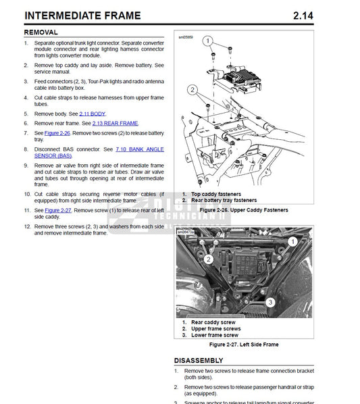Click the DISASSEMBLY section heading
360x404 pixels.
[199, 361]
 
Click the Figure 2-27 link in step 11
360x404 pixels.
[58, 210]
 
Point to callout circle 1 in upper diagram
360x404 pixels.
[209, 41]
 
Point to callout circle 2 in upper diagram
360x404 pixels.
[192, 89]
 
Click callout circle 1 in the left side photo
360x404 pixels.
[292, 241]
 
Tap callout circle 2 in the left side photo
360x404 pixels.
[209, 259]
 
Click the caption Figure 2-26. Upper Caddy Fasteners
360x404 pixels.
[244, 210]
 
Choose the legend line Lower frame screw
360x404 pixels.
[214, 335]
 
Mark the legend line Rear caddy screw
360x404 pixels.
[213, 322]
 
